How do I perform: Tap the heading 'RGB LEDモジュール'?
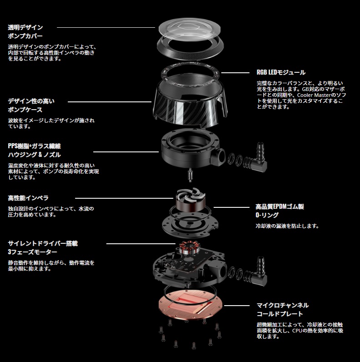coord(281,72)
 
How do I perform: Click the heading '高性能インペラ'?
coord(28,198)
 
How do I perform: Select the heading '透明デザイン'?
coord(25,27)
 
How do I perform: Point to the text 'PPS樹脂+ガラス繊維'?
coord(35,146)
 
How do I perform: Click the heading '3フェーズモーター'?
coord(32,252)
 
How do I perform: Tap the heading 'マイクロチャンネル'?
coord(283,306)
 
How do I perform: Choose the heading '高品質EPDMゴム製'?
coord(280,206)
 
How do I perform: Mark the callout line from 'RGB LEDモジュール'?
coord(235,73)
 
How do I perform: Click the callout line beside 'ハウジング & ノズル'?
coord(126,152)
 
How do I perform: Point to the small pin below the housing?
coord(190,174)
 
